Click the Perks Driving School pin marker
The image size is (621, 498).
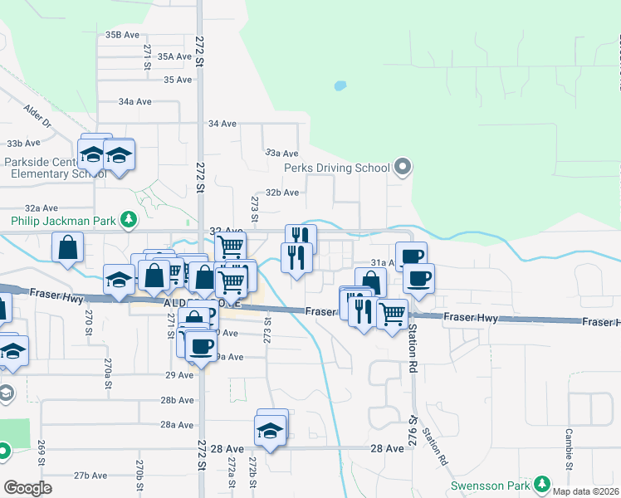tap(403, 168)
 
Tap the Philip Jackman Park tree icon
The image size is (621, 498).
tap(128, 219)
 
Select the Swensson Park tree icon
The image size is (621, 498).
tap(542, 483)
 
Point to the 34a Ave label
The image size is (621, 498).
tap(135, 101)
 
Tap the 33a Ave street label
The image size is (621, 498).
tap(281, 154)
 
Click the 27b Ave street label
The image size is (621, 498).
tap(90, 476)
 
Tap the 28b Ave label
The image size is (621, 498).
tap(177, 400)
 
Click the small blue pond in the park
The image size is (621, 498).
tap(339, 85)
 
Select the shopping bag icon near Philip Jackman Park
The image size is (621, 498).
tap(68, 247)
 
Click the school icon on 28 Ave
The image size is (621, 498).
tap(271, 430)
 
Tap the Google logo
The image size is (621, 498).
tap(28, 488)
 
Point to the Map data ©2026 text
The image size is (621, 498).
tap(584, 491)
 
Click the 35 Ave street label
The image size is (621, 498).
tap(178, 80)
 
